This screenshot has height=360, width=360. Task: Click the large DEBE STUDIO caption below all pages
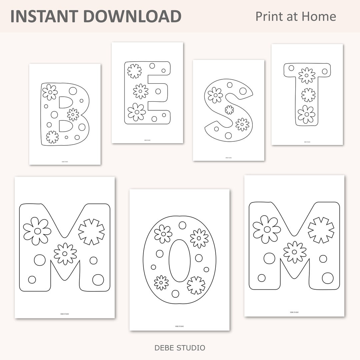(180, 348)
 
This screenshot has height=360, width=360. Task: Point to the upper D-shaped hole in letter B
(65, 102)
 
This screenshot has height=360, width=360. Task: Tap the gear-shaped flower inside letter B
(52, 137)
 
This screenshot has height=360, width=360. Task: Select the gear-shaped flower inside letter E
(134, 71)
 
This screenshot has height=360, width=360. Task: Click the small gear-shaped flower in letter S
(229, 110)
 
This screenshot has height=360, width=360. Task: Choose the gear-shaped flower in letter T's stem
(308, 95)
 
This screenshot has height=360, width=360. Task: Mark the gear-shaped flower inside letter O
(196, 285)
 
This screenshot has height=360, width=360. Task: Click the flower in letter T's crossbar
(307, 76)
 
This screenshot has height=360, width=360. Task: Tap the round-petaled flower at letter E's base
(137, 112)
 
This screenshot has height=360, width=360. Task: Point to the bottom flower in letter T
(307, 114)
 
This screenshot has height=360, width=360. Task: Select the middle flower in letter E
(141, 91)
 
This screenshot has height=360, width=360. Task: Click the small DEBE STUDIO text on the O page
(179, 326)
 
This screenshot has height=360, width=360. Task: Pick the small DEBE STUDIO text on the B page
(65, 161)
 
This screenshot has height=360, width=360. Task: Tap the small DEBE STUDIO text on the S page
(228, 158)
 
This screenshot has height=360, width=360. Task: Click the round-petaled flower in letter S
(215, 95)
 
